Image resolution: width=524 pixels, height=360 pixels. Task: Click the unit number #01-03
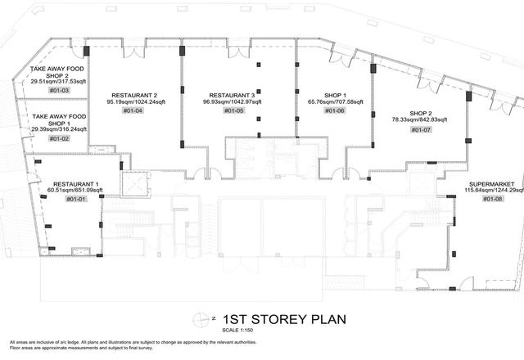59,90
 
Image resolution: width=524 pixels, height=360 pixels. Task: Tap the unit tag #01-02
59,138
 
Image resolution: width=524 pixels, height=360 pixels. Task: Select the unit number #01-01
76,199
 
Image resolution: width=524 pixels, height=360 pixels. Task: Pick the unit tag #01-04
133,110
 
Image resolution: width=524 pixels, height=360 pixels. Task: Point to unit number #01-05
234,110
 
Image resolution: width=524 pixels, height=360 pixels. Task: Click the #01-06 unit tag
335,110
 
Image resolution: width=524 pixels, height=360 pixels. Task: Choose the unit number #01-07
421,129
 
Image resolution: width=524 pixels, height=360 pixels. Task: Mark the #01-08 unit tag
492,199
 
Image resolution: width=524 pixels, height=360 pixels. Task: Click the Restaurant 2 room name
134,96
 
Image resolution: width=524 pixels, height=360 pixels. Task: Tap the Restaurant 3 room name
232,96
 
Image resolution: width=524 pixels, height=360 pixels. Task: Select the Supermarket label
491,184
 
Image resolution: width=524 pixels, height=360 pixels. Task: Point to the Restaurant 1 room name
76,184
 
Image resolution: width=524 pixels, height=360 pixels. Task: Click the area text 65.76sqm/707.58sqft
335,101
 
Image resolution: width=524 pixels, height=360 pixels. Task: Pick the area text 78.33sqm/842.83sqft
419,119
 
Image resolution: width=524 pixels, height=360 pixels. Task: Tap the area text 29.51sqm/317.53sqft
58,82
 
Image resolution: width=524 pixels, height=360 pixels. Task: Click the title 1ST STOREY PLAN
284,319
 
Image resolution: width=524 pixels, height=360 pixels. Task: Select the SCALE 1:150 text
237,331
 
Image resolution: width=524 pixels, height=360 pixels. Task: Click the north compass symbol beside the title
201,320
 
